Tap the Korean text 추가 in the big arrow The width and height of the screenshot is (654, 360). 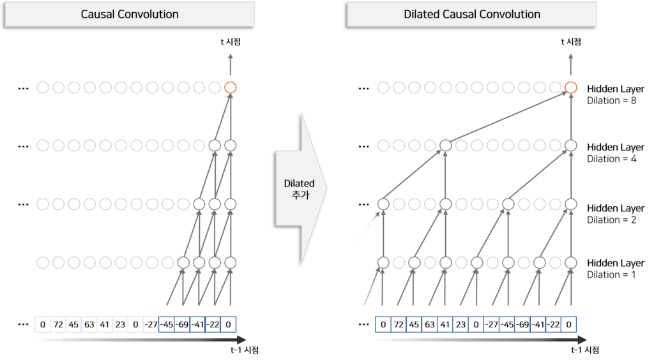pos(300,195)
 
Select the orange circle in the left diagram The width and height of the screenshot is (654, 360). pos(231,87)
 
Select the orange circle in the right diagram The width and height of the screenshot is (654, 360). pos(571,87)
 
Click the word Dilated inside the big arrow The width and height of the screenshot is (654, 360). pos(300,184)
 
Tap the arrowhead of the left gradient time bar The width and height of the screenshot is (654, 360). pos(241,340)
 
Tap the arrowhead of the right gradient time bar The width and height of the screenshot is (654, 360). pos(582,340)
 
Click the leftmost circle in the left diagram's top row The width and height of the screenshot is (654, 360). pos(43,87)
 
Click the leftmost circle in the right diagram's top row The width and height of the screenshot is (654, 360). pos(383,87)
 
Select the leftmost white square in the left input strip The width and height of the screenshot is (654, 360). pos(42,325)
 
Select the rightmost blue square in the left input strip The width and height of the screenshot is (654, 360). pos(229,325)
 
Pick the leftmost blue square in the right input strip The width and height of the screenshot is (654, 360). pos(383,325)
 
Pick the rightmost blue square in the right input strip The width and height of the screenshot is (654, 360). pos(568,325)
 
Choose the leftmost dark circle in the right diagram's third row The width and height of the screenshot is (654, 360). pos(383,204)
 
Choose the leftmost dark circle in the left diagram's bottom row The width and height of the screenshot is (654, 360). pos(183,262)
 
